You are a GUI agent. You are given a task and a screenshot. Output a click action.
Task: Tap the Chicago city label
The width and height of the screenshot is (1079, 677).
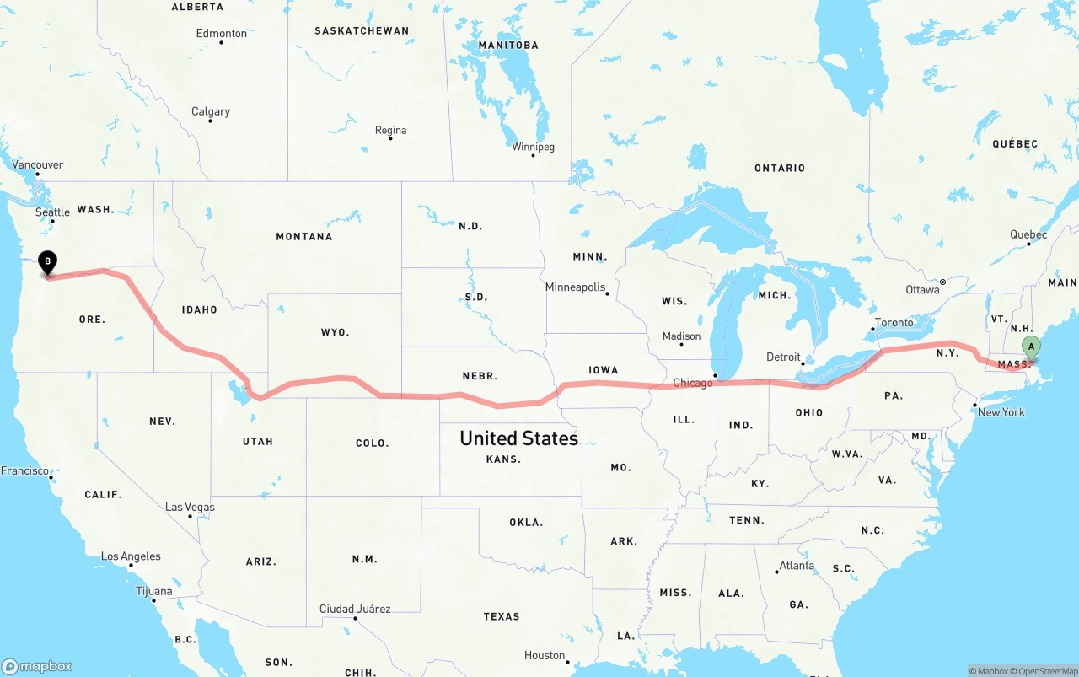pos(693,384)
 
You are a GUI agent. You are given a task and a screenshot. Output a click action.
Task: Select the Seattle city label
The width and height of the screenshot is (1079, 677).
pos(52,212)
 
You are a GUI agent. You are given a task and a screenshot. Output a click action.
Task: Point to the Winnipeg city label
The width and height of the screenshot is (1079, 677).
pos(533,148)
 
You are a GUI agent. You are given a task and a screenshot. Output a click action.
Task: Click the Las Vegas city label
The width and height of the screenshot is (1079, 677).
pos(190,508)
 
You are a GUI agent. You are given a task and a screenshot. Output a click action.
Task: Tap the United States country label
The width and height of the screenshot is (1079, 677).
pos(518,438)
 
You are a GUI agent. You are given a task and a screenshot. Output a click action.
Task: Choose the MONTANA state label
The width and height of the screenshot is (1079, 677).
pos(304,237)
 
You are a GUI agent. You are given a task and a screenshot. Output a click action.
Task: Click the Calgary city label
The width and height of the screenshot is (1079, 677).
pos(211,111)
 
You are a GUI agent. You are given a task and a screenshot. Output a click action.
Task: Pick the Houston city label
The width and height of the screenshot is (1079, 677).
pos(545,655)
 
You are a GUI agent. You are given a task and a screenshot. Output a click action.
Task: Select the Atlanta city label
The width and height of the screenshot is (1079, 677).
pos(797,566)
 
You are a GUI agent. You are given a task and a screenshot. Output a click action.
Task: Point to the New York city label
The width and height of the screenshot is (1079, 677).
pos(1001,412)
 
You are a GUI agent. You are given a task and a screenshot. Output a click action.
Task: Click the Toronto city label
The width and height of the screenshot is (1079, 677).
pos(894,323)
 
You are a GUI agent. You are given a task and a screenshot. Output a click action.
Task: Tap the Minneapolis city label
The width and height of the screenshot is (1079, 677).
pos(576,287)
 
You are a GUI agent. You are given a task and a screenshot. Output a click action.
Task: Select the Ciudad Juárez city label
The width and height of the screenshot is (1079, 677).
pos(355,609)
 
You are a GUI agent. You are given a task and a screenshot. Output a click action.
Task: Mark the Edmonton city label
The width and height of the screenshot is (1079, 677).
pos(222,34)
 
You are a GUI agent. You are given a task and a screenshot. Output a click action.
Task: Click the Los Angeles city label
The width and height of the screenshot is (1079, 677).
pos(131,556)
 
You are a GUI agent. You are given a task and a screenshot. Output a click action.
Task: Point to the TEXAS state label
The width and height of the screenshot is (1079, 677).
pos(502,617)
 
